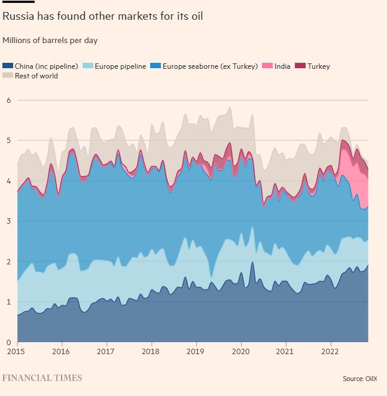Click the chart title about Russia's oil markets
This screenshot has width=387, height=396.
[x=102, y=16]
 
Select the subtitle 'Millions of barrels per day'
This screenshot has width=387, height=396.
[x=50, y=41]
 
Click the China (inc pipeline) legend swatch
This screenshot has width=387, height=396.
[x=7, y=66]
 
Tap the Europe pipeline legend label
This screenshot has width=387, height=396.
[x=120, y=66]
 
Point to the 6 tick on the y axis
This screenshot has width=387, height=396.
[x=8, y=100]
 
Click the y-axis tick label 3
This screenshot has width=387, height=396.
[x=8, y=221]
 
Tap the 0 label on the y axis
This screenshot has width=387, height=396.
[x=8, y=342]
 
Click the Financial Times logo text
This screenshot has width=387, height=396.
[x=42, y=378]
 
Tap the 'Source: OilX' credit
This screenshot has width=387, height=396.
[x=361, y=379]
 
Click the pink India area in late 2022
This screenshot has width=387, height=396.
[x=359, y=185]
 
